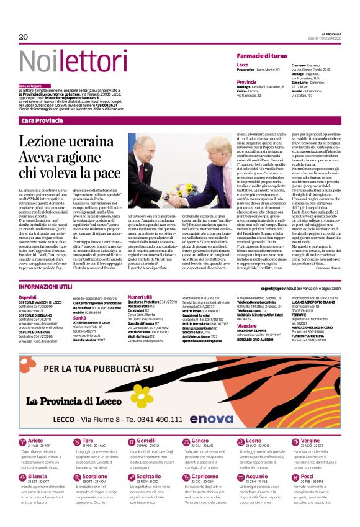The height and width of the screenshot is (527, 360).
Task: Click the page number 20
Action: (24, 37)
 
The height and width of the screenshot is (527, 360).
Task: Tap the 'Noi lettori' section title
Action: (66, 60)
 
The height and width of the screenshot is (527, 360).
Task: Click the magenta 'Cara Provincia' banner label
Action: (39, 120)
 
